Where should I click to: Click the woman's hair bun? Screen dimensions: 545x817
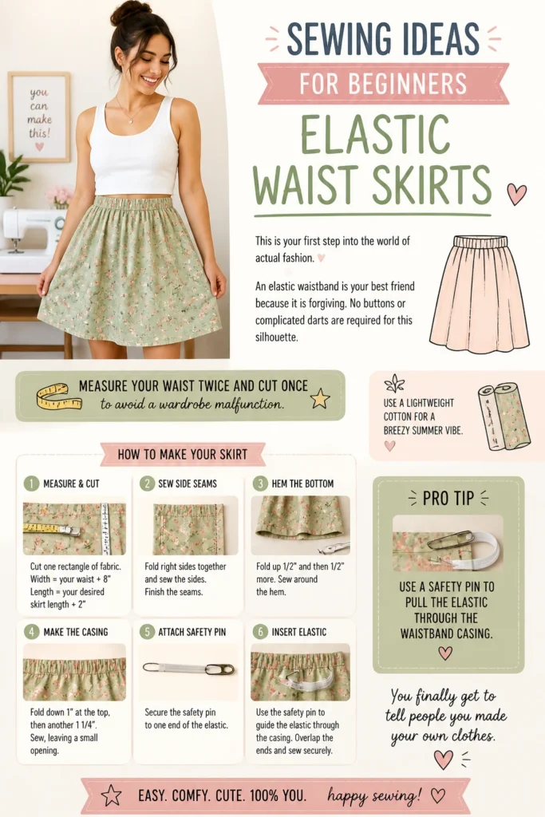click(130, 11)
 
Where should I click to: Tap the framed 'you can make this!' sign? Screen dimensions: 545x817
click(39, 116)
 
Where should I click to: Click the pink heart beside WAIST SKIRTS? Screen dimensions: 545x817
click(516, 194)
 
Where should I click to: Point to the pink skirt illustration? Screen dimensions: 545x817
click(480, 294)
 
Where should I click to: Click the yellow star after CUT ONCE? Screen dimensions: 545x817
click(320, 399)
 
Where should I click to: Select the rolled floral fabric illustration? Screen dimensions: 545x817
click(504, 416)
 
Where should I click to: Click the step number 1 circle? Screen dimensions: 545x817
click(31, 483)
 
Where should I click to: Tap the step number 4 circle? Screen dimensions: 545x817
click(31, 632)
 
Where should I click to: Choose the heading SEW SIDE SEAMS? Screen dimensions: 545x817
click(188, 483)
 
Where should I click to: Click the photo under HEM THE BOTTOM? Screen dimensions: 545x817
click(301, 525)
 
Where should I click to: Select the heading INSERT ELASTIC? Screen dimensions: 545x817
click(299, 632)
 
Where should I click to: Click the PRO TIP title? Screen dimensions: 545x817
click(448, 499)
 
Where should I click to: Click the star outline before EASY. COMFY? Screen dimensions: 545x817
click(111, 795)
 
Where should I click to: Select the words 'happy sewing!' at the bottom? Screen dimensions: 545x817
click(374, 796)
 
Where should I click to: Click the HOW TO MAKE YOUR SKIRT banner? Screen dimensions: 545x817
click(183, 454)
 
